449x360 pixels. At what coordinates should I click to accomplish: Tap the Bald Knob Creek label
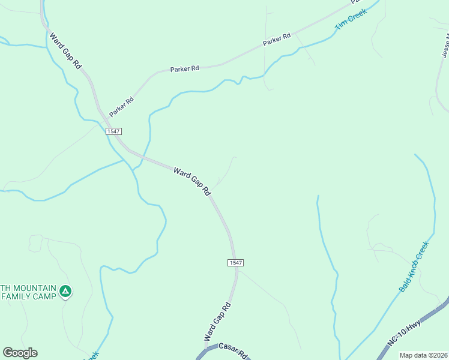tap(414, 266)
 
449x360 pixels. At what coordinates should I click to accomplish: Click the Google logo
tap(20, 353)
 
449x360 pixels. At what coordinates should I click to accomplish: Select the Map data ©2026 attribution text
tap(423, 355)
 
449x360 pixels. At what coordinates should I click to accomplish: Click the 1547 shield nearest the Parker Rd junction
tap(113, 131)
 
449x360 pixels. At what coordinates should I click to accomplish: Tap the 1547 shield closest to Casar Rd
tap(235, 263)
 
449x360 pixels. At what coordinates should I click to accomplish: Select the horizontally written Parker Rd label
tap(184, 69)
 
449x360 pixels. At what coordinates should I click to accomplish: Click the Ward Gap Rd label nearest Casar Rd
tap(217, 322)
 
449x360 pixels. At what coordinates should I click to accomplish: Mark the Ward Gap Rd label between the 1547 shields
tap(192, 181)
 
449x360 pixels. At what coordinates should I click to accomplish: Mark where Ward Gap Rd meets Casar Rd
tap(206, 350)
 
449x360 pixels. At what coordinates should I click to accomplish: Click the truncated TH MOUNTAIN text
tap(28, 288)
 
